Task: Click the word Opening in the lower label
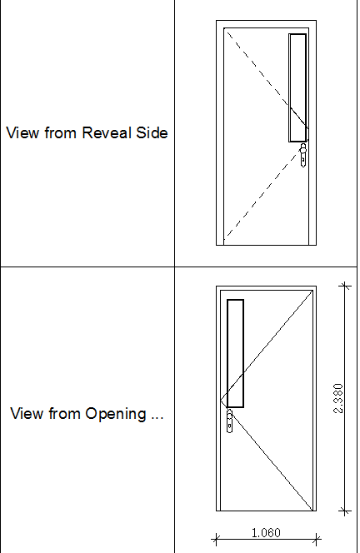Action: pyautogui.click(x=116, y=414)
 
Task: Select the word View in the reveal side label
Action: pyautogui.click(x=22, y=132)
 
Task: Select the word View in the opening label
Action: pyautogui.click(x=27, y=413)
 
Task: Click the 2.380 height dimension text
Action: pyautogui.click(x=338, y=398)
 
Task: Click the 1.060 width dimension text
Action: pyautogui.click(x=266, y=532)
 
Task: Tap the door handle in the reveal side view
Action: pyautogui.click(x=303, y=155)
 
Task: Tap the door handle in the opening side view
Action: pyautogui.click(x=229, y=421)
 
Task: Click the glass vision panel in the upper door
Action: pyautogui.click(x=297, y=87)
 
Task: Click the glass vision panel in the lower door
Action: pyautogui.click(x=235, y=353)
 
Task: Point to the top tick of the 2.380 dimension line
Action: pyautogui.click(x=345, y=286)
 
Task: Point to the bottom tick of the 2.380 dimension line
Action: pyautogui.click(x=345, y=511)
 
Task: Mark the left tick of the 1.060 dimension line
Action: pyautogui.click(x=216, y=539)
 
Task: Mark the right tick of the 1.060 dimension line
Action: pyautogui.click(x=317, y=539)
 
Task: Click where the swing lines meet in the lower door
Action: pyautogui.click(x=221, y=401)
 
